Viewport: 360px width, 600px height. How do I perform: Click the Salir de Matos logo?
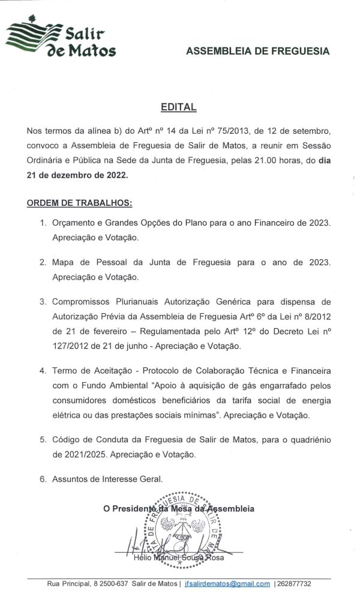[61, 37]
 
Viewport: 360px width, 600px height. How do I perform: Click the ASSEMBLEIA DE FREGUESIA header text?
[258, 52]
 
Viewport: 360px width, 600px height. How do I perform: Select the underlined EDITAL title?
[178, 107]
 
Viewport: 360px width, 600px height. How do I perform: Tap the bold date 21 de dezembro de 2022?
[77, 175]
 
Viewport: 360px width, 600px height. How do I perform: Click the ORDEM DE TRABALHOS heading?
[79, 203]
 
